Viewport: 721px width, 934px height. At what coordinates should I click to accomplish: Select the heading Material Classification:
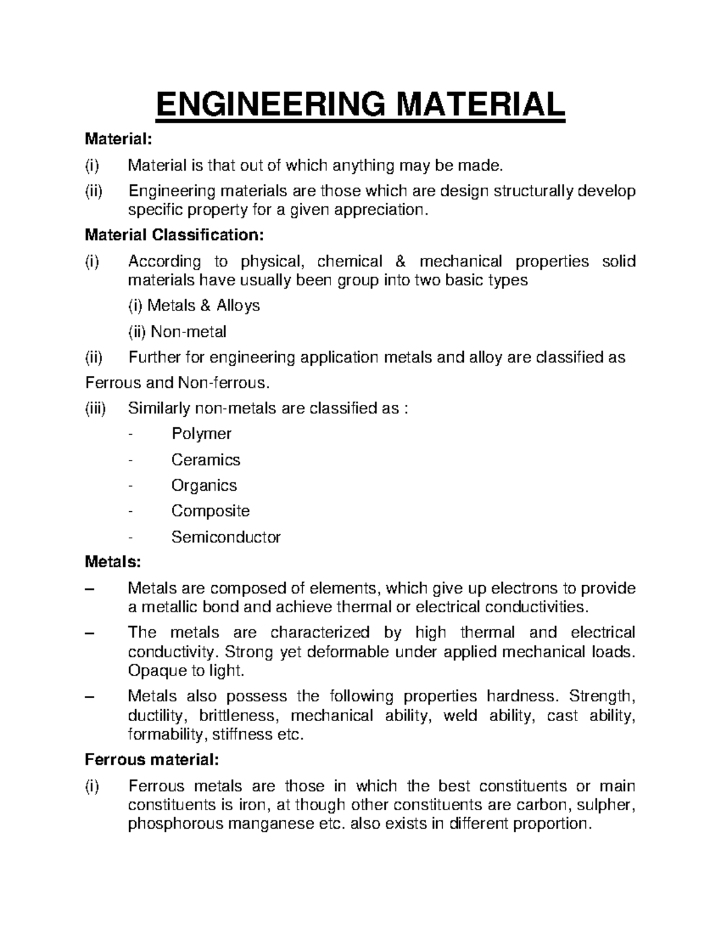(x=174, y=235)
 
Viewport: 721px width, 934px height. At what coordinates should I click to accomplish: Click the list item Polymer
(x=201, y=434)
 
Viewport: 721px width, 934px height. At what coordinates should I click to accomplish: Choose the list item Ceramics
(x=205, y=459)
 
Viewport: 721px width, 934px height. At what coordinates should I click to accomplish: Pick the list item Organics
(x=204, y=485)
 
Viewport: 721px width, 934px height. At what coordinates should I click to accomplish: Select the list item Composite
(x=210, y=511)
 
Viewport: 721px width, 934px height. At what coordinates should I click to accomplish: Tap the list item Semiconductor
(x=226, y=536)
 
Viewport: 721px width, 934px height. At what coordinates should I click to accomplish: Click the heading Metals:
(x=113, y=562)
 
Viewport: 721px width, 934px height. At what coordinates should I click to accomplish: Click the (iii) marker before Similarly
(x=95, y=408)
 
